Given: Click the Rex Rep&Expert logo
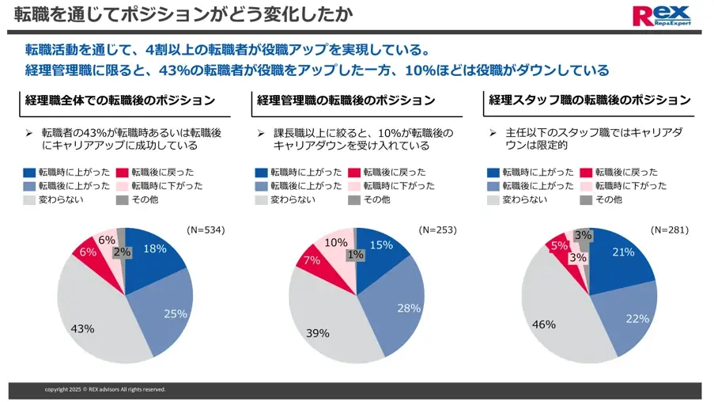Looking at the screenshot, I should tap(662, 16).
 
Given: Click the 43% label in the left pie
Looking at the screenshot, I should tap(82, 328).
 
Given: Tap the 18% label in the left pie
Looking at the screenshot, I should tap(154, 248).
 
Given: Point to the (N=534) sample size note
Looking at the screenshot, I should tap(206, 230).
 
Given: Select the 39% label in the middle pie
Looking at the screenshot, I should tap(317, 333).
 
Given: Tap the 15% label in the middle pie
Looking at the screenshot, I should tap(381, 245).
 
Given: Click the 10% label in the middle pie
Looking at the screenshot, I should tap(336, 243).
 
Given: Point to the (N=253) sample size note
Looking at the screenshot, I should tap(437, 230).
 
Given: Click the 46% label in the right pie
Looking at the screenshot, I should tap(543, 324).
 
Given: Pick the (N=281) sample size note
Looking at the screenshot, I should tap(670, 230).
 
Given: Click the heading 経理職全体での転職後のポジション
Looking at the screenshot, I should tap(120, 100).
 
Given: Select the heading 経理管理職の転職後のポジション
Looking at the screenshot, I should tap(346, 100).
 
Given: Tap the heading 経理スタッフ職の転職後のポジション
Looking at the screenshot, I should tap(590, 100).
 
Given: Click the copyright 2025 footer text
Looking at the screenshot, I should tap(105, 389).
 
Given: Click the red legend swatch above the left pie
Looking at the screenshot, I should tap(123, 173).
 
